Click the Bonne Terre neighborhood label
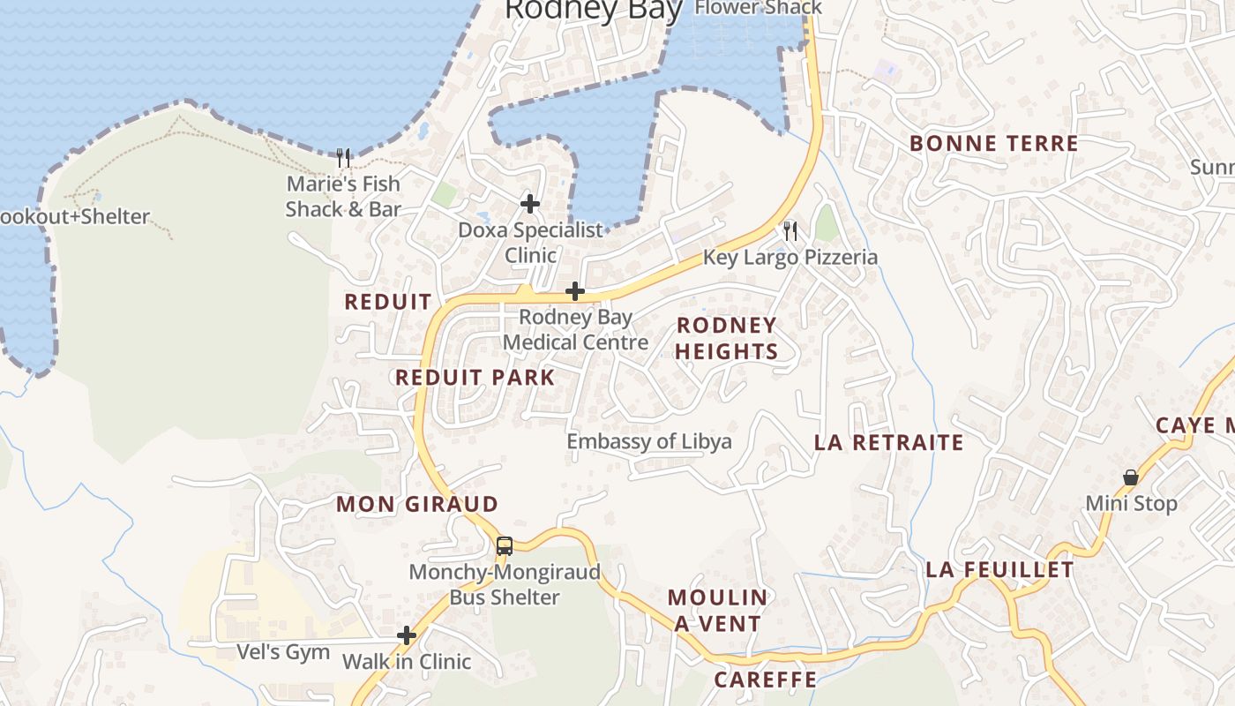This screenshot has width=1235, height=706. coord(993,144)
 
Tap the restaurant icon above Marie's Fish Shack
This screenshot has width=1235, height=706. coord(344,158)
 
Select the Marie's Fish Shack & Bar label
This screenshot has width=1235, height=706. coord(343,197)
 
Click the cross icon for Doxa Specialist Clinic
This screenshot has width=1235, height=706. coord(530,204)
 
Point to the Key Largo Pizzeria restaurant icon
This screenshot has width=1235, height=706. coord(790,231)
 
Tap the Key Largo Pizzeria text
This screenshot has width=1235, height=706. coord(790,257)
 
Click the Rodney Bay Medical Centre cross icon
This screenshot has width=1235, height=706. coord(575,290)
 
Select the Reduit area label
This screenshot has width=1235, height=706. coord(388,302)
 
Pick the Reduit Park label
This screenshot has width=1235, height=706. coord(475,378)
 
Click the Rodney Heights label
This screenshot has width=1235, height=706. coord(727,338)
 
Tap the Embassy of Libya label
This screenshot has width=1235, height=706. coord(649,441)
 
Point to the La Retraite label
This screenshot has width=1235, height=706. coord(888,442)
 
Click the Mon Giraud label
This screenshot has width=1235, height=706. coord(417,505)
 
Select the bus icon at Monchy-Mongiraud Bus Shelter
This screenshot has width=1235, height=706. coord(504,545)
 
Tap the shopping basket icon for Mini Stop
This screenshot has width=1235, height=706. coord(1130,477)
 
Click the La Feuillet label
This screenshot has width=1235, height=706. coord(999,570)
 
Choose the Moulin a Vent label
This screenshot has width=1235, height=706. coord(717,610)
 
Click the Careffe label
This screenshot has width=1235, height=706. coord(765,680)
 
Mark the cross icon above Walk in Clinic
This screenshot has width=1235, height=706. coord(407,635)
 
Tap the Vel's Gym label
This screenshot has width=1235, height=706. coord(283,652)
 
